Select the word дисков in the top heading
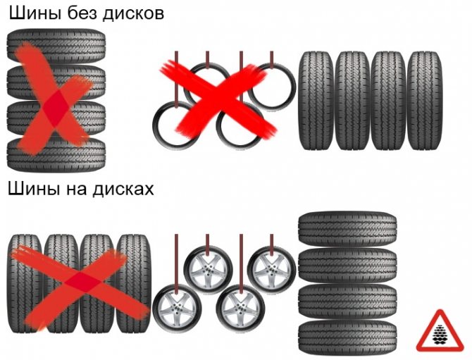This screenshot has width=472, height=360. [x=134, y=15]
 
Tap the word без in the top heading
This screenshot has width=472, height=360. [x=82, y=13]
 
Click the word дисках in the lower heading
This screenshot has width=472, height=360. [x=123, y=189]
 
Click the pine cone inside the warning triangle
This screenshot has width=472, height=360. [x=440, y=334]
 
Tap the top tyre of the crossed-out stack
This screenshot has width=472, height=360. [x=56, y=46]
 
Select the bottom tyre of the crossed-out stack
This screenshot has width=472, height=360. [x=56, y=154]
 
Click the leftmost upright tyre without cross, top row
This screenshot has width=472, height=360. [x=316, y=101]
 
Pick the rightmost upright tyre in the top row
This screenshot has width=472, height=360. [x=425, y=101]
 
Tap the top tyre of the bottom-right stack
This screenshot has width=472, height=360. [x=347, y=228]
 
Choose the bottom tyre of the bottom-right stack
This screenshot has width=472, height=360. [x=347, y=337]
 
